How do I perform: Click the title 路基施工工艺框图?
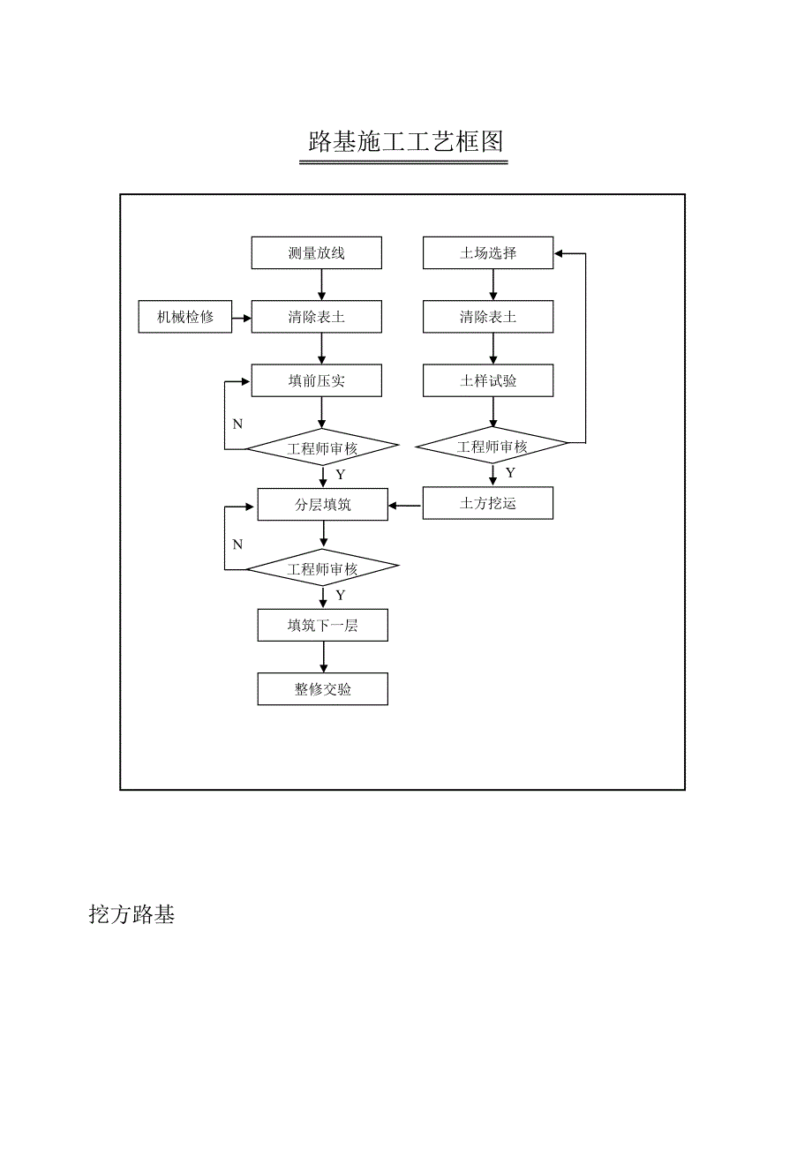tap(405, 141)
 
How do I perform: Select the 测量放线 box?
tap(317, 253)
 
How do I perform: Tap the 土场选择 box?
tap(488, 253)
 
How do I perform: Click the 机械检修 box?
tap(185, 317)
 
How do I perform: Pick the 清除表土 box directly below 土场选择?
tap(488, 317)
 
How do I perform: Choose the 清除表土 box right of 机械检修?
tap(317, 317)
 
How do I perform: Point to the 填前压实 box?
tap(317, 381)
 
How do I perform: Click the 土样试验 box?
tap(488, 381)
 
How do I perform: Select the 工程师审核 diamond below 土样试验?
tap(492, 447)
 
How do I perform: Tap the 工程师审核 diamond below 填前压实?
tap(322, 449)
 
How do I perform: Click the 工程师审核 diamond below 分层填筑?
tap(322, 569)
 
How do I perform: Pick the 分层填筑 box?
tap(322, 505)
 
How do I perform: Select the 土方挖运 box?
tap(488, 504)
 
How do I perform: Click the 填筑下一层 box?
tap(322, 626)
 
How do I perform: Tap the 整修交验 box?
tap(322, 689)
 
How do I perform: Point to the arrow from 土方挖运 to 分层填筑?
tap(405, 505)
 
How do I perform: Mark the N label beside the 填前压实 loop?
tap(237, 424)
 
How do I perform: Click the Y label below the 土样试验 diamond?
tap(510, 473)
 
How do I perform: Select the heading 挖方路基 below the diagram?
tap(132, 914)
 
